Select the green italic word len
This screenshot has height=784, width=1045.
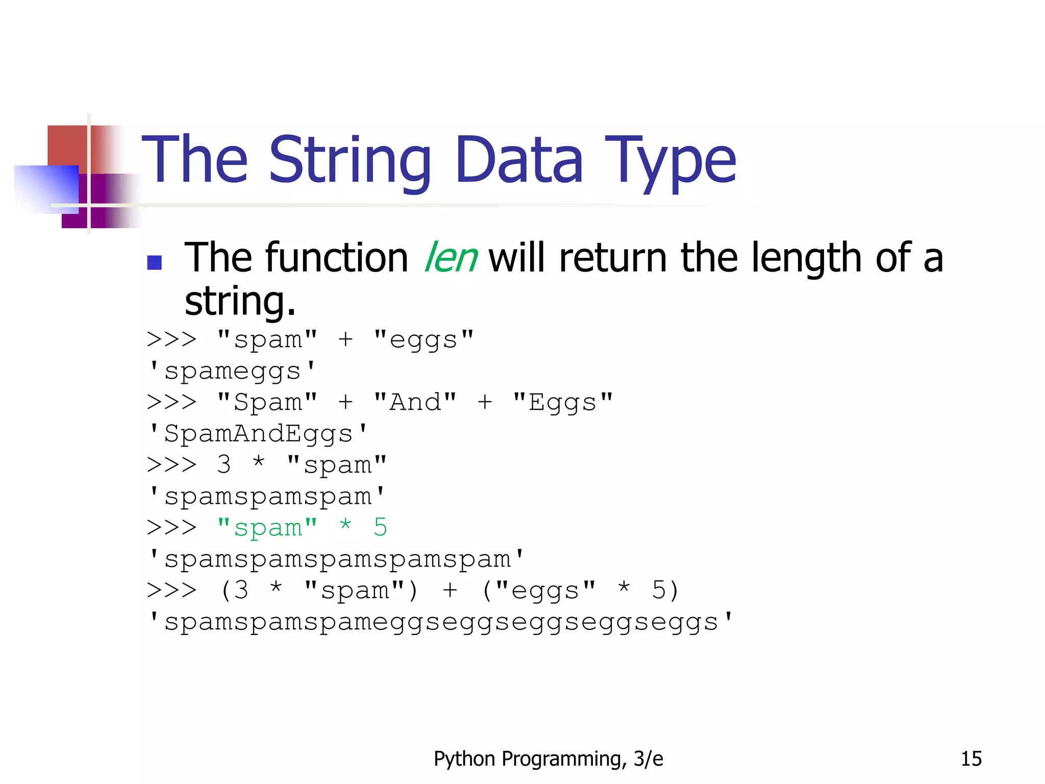(x=451, y=258)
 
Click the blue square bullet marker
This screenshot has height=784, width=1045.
(x=154, y=262)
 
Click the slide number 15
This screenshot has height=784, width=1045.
(x=971, y=759)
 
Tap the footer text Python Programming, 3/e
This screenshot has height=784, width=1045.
(x=548, y=759)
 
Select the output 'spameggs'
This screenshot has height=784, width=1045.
(x=232, y=371)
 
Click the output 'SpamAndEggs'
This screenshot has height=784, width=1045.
(x=258, y=434)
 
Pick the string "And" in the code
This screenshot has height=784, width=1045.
(x=415, y=402)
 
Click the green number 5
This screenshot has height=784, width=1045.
(x=380, y=527)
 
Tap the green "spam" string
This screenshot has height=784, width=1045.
(x=267, y=528)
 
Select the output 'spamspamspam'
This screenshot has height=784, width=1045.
(x=267, y=497)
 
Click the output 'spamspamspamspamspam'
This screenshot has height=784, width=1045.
(x=336, y=559)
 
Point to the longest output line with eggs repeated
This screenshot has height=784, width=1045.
(x=440, y=622)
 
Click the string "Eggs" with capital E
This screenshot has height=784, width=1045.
(x=562, y=402)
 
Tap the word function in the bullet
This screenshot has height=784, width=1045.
(x=336, y=258)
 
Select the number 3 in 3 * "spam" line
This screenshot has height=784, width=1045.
(x=223, y=464)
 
